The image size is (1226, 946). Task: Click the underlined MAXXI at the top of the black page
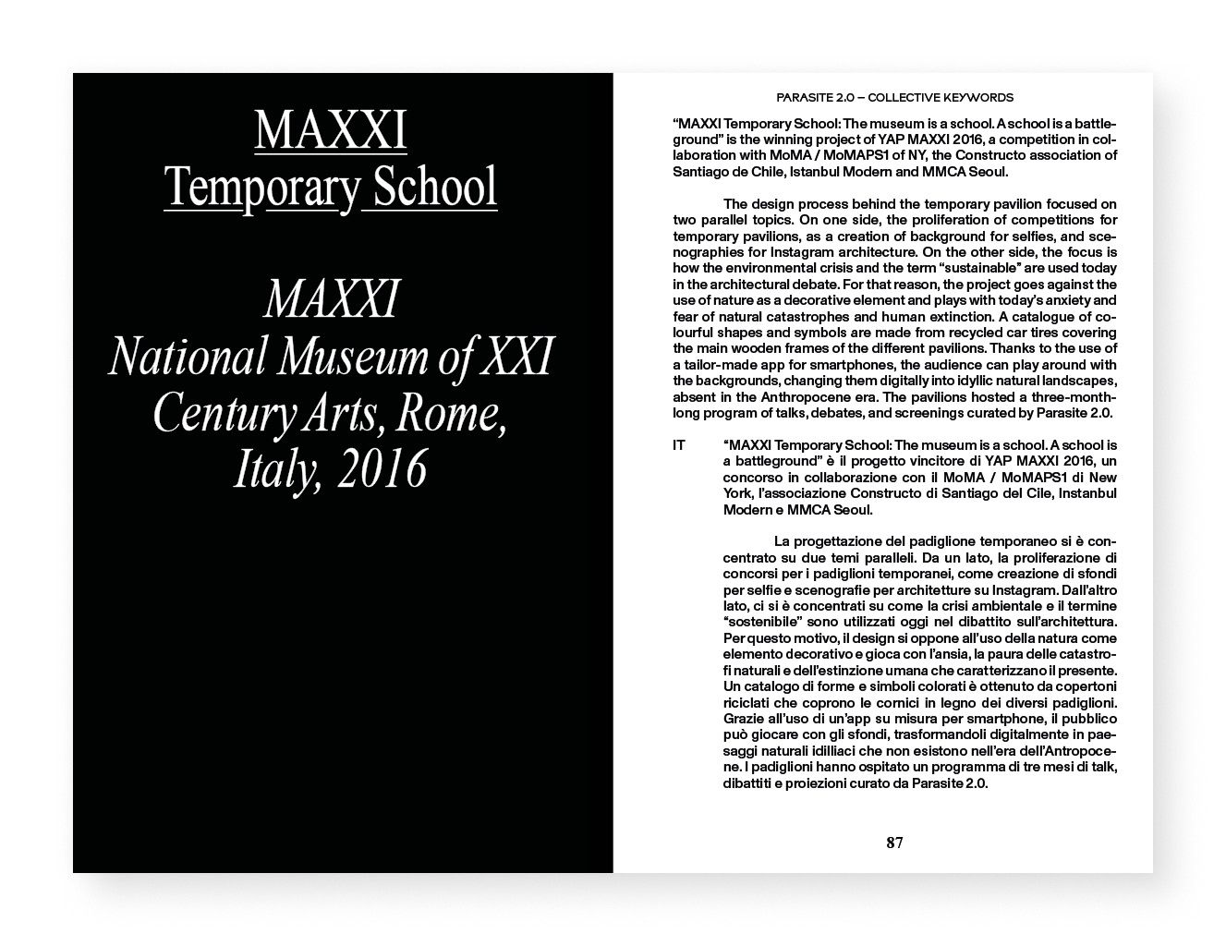(x=330, y=131)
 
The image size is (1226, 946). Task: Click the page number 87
(x=894, y=843)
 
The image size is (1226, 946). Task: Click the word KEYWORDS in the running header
(x=977, y=97)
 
